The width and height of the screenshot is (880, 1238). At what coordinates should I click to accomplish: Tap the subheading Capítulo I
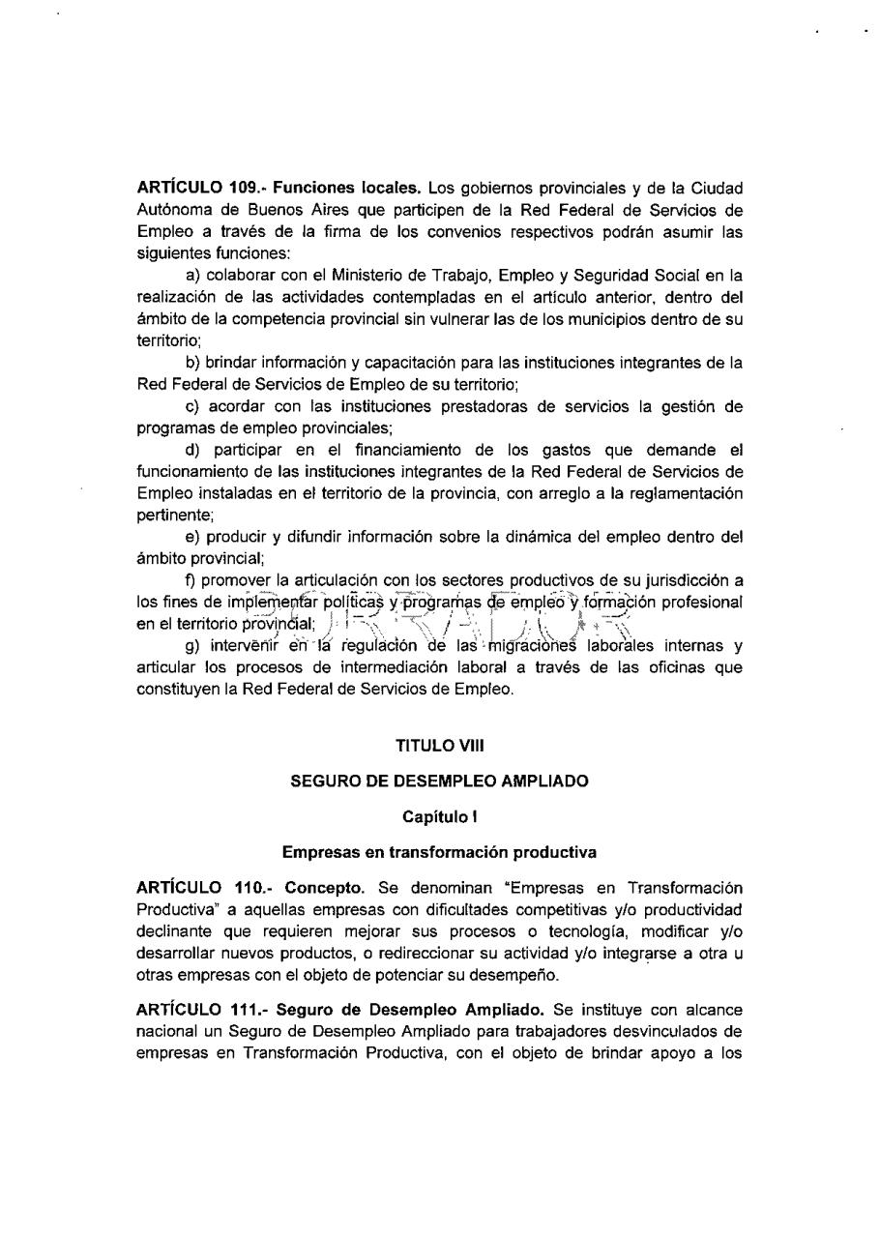[x=439, y=816]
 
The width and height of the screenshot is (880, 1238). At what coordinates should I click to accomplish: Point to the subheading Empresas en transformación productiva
[x=439, y=852]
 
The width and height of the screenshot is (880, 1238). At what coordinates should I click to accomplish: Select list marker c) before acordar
[x=191, y=406]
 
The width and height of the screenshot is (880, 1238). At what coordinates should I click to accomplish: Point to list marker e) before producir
[x=191, y=537]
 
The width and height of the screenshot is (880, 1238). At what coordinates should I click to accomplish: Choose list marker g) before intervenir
[x=191, y=646]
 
